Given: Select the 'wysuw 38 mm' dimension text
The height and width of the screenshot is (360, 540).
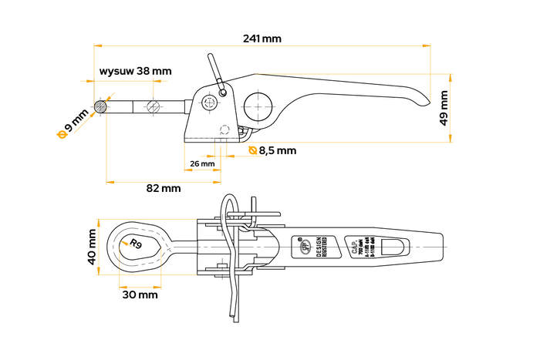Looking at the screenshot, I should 135,71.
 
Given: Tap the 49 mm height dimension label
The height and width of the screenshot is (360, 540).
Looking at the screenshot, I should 444,108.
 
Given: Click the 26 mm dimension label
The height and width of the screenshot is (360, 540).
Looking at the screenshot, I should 201,163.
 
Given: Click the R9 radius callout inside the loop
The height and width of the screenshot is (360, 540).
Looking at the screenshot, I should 137,244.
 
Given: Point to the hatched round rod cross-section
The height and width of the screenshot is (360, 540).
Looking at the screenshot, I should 100,106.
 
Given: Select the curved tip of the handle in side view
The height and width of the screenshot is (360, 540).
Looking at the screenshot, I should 421,99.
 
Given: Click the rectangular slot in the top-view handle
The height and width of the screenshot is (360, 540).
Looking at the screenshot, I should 394,247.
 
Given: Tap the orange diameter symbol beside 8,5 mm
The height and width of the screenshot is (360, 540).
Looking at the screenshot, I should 253,150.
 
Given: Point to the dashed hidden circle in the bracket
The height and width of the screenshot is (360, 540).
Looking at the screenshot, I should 225,129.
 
